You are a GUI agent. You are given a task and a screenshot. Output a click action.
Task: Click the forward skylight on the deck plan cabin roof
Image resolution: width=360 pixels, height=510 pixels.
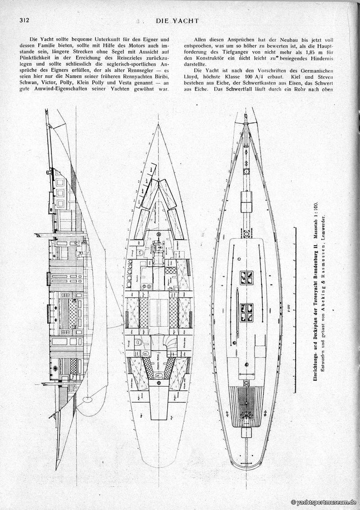click(x=246, y=277)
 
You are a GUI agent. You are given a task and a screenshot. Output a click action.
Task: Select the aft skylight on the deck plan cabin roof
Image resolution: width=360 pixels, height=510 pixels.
click(x=246, y=311)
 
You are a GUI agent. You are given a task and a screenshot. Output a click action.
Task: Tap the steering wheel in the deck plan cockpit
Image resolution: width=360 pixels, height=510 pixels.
click(x=246, y=414)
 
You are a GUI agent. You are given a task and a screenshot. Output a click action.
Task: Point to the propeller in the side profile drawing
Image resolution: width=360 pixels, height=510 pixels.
click(x=87, y=398)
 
